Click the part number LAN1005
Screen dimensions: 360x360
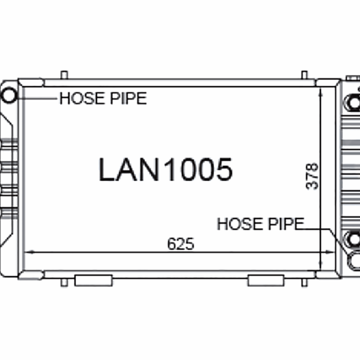click(x=165, y=170)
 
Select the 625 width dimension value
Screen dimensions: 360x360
click(x=180, y=243)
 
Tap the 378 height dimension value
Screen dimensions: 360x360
click(x=312, y=176)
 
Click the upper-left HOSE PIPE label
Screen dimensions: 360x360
click(x=103, y=98)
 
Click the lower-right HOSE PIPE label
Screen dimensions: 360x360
click(x=260, y=224)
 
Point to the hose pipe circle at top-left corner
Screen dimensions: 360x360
click(x=10, y=95)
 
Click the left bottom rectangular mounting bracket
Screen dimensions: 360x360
click(x=93, y=280)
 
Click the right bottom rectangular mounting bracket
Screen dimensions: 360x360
click(x=266, y=280)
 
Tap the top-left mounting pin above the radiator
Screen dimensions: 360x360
click(x=64, y=75)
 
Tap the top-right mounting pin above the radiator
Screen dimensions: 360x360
click(x=304, y=75)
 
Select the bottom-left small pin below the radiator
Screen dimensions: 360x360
click(x=64, y=282)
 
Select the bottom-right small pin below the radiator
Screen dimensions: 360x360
click(x=304, y=282)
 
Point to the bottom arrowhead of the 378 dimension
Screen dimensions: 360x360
click(x=320, y=265)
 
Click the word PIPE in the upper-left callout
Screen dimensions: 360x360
click(x=128, y=98)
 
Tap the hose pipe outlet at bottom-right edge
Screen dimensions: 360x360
click(x=355, y=260)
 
